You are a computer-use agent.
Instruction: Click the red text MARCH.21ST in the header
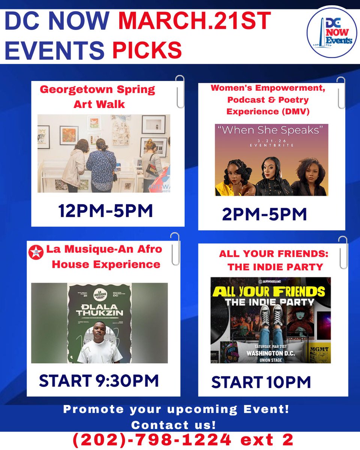tap(194, 22)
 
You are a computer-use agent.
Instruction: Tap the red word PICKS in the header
tap(147, 50)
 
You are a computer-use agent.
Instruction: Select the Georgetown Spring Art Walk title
tap(97, 96)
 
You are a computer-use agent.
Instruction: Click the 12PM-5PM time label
tap(105, 211)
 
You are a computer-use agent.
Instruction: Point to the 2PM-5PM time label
tap(264, 214)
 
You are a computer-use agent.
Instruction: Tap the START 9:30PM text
tap(99, 381)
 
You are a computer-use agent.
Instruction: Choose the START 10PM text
tap(261, 382)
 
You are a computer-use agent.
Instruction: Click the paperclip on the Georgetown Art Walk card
tap(180, 91)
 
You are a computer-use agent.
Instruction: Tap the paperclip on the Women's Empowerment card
tap(341, 92)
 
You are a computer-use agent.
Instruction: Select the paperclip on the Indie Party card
tap(343, 252)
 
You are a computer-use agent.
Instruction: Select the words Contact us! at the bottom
tap(173, 425)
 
